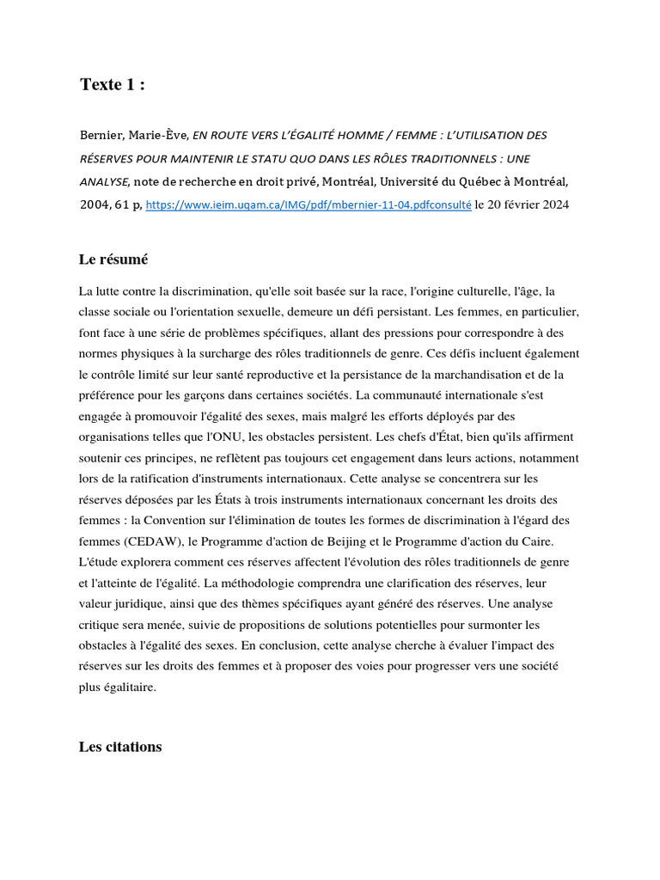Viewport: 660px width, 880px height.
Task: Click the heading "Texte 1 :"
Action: click(113, 84)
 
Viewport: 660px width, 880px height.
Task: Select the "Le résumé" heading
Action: click(114, 260)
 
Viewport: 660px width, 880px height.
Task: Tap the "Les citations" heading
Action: click(120, 747)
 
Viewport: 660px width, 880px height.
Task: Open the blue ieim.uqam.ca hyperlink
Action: click(309, 205)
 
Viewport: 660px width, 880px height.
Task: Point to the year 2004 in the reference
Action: click(94, 205)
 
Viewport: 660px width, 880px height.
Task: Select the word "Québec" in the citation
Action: click(467, 181)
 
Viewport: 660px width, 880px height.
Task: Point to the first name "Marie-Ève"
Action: click(158, 135)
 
